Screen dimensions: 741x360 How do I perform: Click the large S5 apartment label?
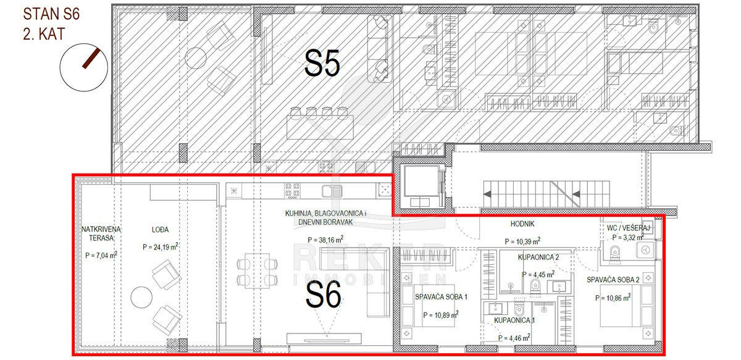322,63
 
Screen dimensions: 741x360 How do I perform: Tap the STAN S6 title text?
51,14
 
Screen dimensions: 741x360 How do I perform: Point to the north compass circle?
84,67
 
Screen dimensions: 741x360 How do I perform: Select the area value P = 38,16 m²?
325,239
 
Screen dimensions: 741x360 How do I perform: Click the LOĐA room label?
160,229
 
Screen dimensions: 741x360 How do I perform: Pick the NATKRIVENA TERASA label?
101,233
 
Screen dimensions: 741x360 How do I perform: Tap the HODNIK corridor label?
522,224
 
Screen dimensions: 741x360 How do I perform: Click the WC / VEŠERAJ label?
628,228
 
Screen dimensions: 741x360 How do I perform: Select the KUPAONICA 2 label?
538,257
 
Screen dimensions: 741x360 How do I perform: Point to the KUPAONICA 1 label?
514,320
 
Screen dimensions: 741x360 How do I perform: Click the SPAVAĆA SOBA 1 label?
441,297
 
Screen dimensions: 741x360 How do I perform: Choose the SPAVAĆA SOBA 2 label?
613,280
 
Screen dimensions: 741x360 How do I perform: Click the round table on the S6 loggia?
141,297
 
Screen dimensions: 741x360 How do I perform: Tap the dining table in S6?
257,270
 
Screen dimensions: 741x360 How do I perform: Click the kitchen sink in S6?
332,191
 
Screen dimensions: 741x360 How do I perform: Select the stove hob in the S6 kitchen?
292,191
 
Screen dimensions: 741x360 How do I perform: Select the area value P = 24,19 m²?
161,247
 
